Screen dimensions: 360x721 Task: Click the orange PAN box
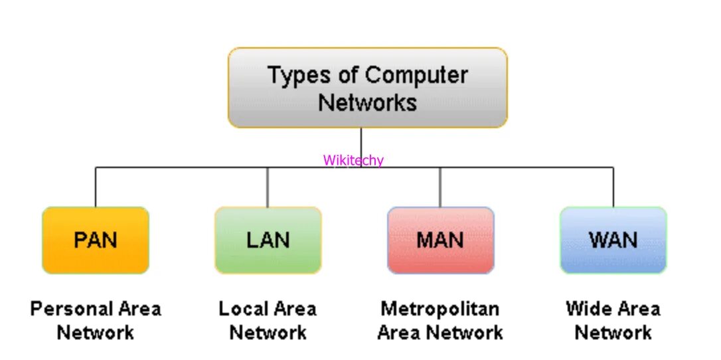pyautogui.click(x=96, y=240)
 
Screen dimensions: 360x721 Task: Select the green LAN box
pyautogui.click(x=268, y=240)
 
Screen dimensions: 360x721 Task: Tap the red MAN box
pyautogui.click(x=440, y=240)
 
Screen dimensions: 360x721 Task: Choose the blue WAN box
pyautogui.click(x=613, y=240)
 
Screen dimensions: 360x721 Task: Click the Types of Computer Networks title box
pyautogui.click(x=367, y=88)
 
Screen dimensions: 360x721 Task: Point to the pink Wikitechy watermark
pyautogui.click(x=353, y=160)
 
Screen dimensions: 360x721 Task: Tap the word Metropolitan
pyautogui.click(x=440, y=309)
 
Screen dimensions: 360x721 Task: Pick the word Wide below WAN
pyautogui.click(x=588, y=309)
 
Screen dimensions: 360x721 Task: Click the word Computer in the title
pyautogui.click(x=416, y=75)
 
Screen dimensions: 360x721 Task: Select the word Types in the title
pyautogui.click(x=297, y=75)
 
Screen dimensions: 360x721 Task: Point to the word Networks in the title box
pyautogui.click(x=367, y=102)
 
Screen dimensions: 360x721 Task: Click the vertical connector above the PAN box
pyautogui.click(x=96, y=187)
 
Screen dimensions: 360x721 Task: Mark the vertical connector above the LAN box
pyautogui.click(x=268, y=187)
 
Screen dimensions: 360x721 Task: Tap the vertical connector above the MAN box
pyautogui.click(x=440, y=187)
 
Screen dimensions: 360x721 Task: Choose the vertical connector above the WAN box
pyautogui.click(x=613, y=187)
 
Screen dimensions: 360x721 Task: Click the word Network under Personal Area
pyautogui.click(x=96, y=332)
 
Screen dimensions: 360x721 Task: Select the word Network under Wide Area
pyautogui.click(x=613, y=332)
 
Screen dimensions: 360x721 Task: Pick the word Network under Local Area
pyautogui.click(x=268, y=332)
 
